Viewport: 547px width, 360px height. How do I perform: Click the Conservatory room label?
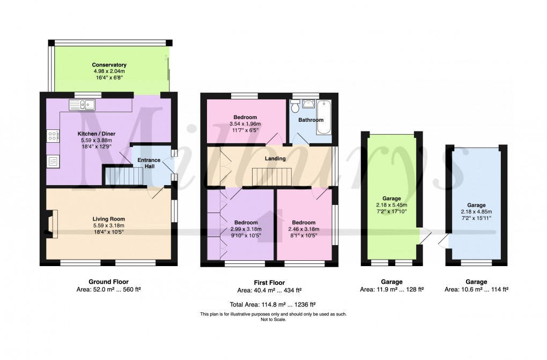(x=109, y=65)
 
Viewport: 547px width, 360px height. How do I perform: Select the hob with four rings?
(x=53, y=136)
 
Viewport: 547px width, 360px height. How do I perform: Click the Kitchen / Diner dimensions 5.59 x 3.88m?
(x=97, y=141)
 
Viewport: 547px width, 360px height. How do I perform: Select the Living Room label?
(x=109, y=219)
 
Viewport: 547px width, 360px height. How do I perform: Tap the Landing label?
(x=274, y=158)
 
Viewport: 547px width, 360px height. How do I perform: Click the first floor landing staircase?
(x=272, y=175)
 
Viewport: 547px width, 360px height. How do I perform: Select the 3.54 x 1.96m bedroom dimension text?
(x=245, y=124)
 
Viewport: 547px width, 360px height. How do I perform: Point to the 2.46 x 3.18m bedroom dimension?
(x=303, y=229)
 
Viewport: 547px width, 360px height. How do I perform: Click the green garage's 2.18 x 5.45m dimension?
(x=391, y=205)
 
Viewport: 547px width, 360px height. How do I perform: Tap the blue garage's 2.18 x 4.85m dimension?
(x=476, y=212)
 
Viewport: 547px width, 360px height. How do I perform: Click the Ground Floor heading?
(x=108, y=282)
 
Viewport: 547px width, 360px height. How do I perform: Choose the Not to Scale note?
(x=273, y=319)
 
